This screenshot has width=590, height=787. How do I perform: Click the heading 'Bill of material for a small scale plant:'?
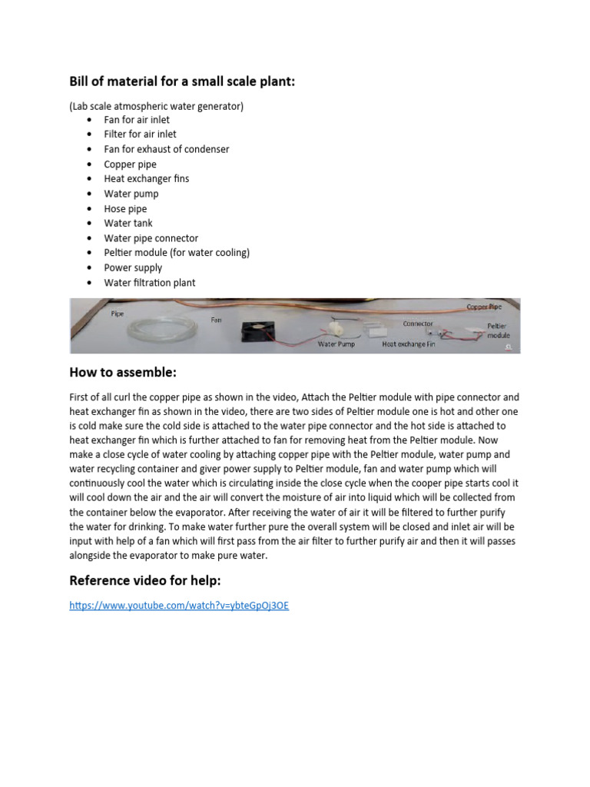pos(182,81)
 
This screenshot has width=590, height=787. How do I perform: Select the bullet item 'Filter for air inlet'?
pos(140,134)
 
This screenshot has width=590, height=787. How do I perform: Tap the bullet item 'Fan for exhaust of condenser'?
pos(166,149)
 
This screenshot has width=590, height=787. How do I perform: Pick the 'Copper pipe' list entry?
pos(130,164)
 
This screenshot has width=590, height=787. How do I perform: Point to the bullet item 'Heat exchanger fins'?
pos(146,179)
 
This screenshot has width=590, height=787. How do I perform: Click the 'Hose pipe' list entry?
pos(125,209)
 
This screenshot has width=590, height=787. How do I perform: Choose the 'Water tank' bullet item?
pos(128,224)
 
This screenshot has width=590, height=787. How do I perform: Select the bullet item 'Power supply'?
pos(133,268)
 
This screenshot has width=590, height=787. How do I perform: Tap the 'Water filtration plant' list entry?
pos(150,283)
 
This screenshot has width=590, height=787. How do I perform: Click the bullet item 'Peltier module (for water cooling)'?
pos(177,253)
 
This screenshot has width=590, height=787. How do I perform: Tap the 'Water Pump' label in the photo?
pos(336,345)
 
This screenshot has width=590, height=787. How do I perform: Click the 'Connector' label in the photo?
pos(418,324)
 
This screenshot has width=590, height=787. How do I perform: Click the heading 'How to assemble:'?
pos(123,373)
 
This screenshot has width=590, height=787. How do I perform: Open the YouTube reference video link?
pos(179,606)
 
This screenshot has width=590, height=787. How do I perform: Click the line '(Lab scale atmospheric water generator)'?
pos(156,106)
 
